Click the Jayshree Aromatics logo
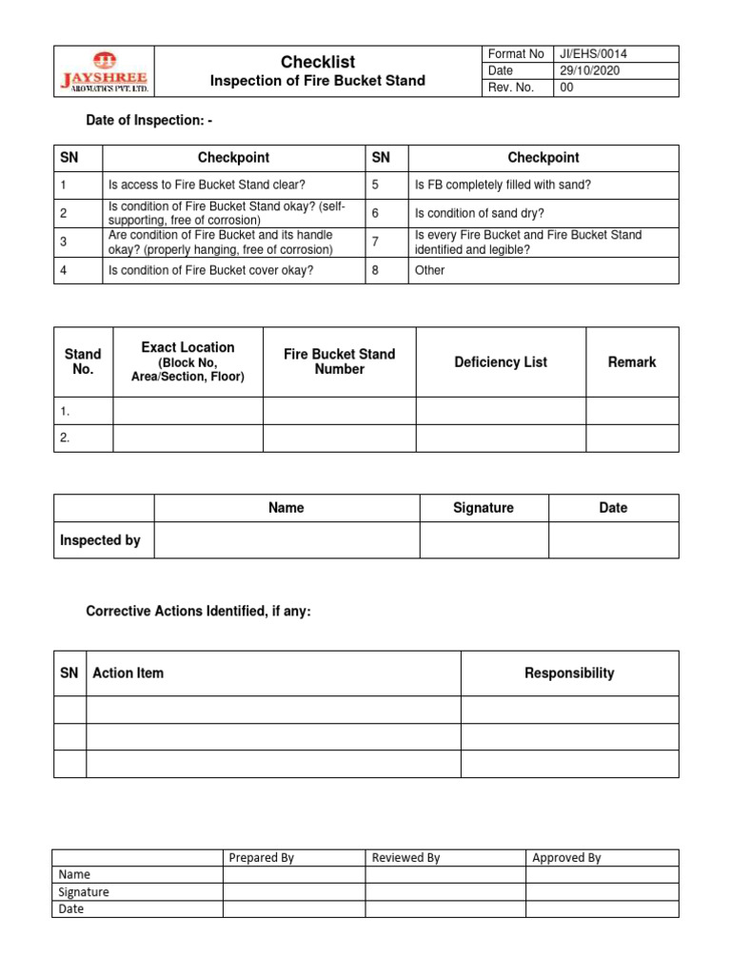click(103, 71)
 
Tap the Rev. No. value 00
click(567, 88)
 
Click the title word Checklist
click(318, 62)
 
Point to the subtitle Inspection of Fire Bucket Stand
click(318, 81)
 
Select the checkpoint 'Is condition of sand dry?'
click(479, 214)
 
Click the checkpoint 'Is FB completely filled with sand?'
click(503, 185)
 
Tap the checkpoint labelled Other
click(430, 270)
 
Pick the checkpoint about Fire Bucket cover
click(211, 270)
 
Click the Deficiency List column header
click(501, 362)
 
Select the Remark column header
click(632, 362)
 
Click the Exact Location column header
click(188, 361)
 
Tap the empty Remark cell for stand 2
click(632, 438)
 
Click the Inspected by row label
click(100, 540)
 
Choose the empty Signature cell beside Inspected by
click(484, 540)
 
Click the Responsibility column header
click(569, 673)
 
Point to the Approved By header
click(566, 858)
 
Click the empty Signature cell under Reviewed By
click(445, 892)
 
